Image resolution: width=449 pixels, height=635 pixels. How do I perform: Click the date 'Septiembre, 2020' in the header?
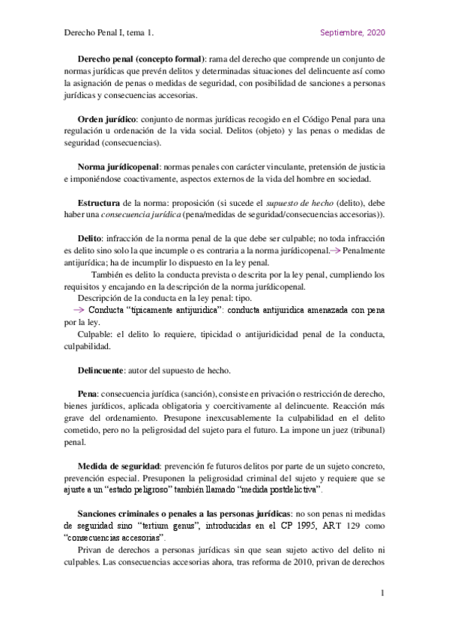point(352,33)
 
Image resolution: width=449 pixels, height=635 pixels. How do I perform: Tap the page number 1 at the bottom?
point(382,594)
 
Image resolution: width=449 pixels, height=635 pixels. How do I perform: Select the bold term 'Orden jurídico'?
point(106,119)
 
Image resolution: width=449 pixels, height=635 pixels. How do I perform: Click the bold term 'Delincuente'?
point(106,371)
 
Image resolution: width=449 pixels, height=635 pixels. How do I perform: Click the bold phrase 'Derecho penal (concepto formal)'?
point(141,58)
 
